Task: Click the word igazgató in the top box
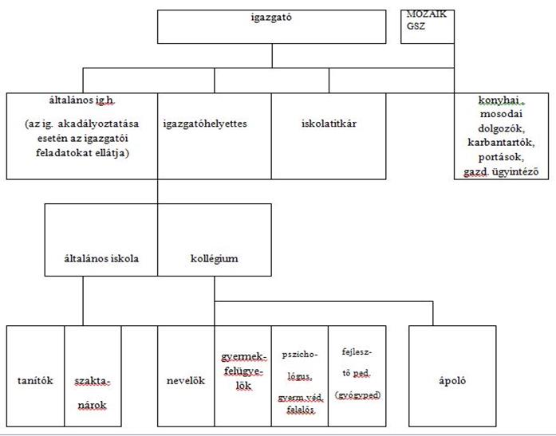[271, 18]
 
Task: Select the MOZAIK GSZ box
[428, 26]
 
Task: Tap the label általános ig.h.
[82, 100]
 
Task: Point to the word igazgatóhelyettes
[205, 124]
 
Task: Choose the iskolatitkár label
[329, 124]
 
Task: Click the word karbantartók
[501, 143]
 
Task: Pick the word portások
[501, 157]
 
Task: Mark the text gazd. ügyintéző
[501, 172]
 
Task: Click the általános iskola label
[101, 258]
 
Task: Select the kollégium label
[214, 258]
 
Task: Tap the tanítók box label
[35, 380]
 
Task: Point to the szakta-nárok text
[93, 393]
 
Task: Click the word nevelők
[186, 380]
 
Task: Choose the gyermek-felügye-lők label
[243, 371]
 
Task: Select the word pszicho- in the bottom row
[300, 355]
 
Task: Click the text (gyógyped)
[357, 395]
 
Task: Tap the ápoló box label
[452, 380]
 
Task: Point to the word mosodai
[501, 114]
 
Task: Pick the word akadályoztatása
[98, 124]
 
